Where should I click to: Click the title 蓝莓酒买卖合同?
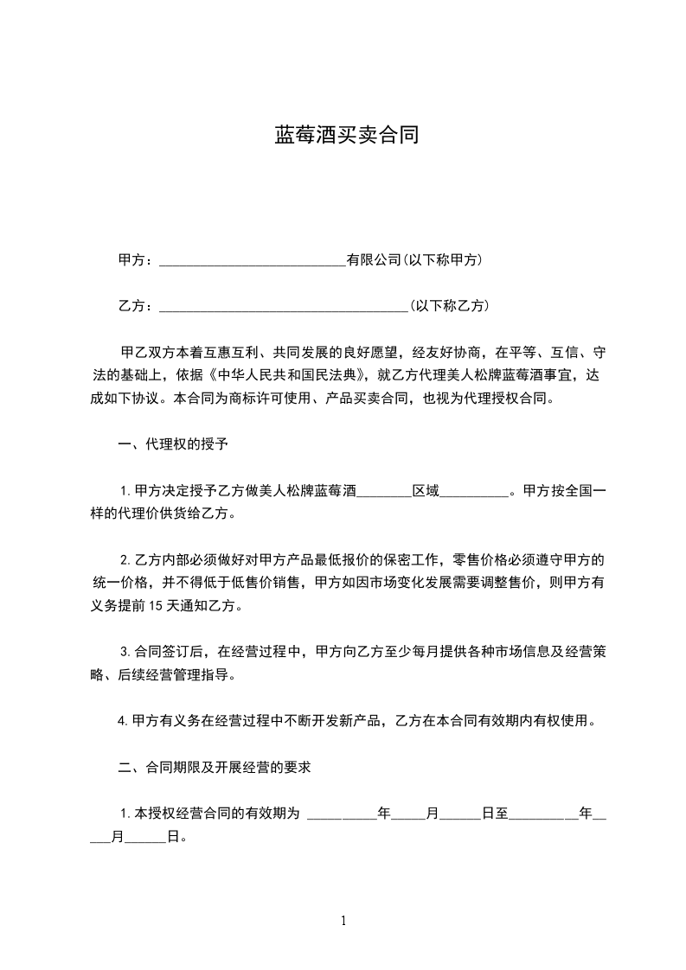(346, 135)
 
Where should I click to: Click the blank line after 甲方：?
(253, 260)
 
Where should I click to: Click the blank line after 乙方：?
(284, 306)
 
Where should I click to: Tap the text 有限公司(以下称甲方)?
(414, 259)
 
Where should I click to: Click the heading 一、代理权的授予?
(172, 445)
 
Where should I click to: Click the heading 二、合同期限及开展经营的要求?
(214, 767)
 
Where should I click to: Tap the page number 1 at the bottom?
(343, 921)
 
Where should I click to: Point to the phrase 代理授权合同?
(508, 399)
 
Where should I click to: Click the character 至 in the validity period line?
(501, 814)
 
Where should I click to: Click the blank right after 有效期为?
(343, 814)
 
